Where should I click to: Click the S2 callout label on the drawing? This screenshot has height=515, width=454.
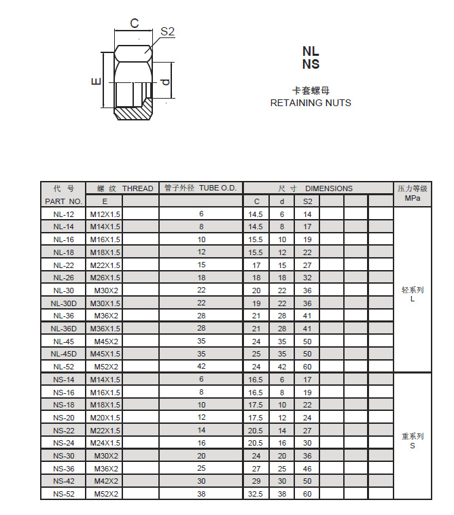pyautogui.click(x=168, y=32)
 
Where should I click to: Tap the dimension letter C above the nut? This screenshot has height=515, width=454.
pyautogui.click(x=134, y=23)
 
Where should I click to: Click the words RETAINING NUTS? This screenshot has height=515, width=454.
pyautogui.click(x=311, y=103)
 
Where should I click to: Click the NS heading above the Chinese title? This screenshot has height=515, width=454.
pyautogui.click(x=311, y=65)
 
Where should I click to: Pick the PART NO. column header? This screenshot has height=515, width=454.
pyautogui.click(x=63, y=201)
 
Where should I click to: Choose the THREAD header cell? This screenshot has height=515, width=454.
pyautogui.click(x=137, y=188)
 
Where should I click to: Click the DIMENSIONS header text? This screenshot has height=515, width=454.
pyautogui.click(x=329, y=188)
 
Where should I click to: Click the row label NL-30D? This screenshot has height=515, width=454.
pyautogui.click(x=64, y=303)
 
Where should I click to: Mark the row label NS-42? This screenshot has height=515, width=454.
pyautogui.click(x=64, y=481)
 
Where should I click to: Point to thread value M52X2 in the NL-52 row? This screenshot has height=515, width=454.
pyautogui.click(x=105, y=366)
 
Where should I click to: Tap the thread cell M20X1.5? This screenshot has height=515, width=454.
pyautogui.click(x=105, y=417)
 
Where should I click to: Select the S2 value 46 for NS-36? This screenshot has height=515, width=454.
pyautogui.click(x=307, y=468)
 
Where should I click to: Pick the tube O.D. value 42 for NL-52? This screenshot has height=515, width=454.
pyautogui.click(x=201, y=366)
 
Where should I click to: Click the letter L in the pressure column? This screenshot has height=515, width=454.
pyautogui.click(x=412, y=299)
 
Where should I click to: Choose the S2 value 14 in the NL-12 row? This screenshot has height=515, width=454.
pyautogui.click(x=307, y=214)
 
